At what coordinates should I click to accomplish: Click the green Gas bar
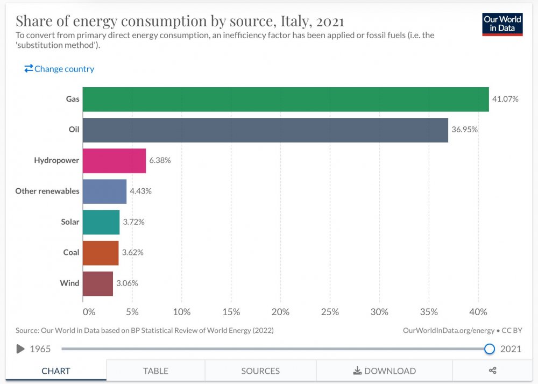[x=286, y=99]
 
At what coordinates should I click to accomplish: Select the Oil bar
[x=265, y=130]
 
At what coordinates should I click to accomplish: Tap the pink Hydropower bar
[x=114, y=161]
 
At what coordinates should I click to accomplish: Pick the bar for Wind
[x=97, y=283]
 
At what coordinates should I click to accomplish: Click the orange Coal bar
[x=100, y=253]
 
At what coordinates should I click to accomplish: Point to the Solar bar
[x=101, y=222]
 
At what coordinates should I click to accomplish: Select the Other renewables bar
[x=104, y=191]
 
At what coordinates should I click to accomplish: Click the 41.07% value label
[x=505, y=99]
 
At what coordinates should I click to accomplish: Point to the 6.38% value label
[x=160, y=161]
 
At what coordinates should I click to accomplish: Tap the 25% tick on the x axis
[x=330, y=312]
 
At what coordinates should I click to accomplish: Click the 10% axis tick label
[x=182, y=312]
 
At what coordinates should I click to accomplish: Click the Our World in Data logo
[x=502, y=24]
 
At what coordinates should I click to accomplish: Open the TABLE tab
[x=155, y=371]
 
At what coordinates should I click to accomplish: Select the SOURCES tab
[x=260, y=371]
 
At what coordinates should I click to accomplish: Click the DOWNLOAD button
[x=384, y=371]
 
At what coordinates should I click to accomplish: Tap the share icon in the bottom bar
[x=492, y=371]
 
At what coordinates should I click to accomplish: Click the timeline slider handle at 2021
[x=489, y=349]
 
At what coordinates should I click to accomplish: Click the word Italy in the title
[x=296, y=22]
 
